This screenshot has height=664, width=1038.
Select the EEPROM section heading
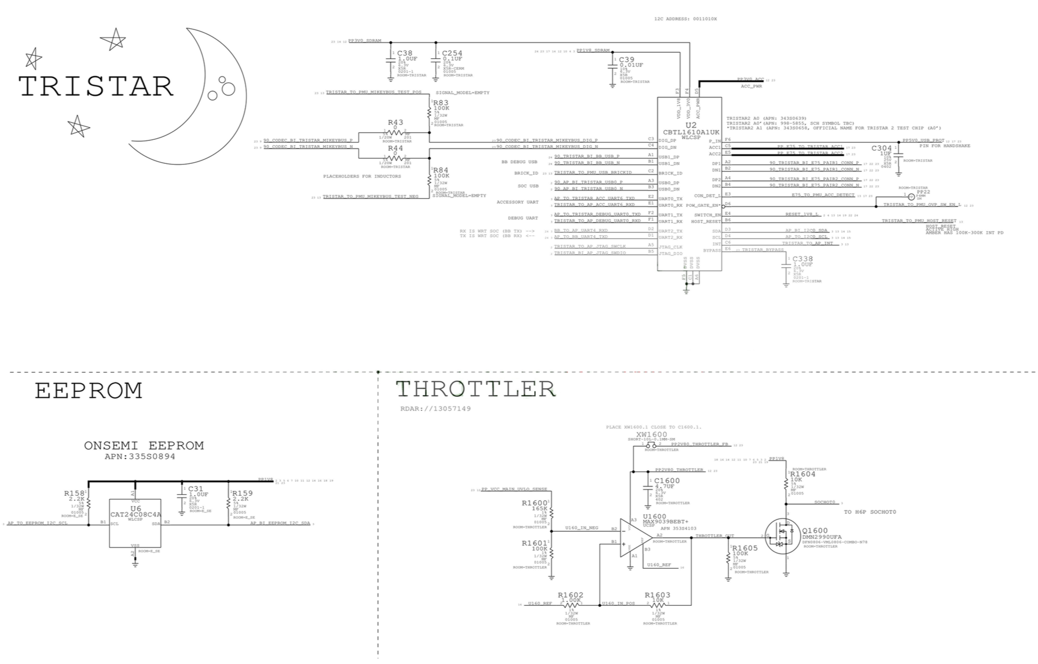(89, 391)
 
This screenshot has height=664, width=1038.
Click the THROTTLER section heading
(475, 389)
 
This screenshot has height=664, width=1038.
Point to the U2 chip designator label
(690, 125)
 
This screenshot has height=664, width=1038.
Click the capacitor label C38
(405, 53)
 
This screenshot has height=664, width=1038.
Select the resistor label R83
(441, 102)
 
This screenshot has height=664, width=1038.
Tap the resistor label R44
(396, 148)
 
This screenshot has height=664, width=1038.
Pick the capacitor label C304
(881, 148)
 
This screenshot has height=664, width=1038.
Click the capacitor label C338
(802, 259)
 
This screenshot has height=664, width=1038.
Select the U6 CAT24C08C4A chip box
(135, 523)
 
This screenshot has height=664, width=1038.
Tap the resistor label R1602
(571, 595)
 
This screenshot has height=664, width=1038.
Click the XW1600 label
(651, 434)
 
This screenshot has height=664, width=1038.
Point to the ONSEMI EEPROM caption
(144, 446)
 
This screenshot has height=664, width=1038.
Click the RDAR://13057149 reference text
(435, 409)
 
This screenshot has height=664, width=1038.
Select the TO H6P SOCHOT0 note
(869, 512)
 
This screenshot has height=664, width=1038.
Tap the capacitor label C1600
(666, 481)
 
